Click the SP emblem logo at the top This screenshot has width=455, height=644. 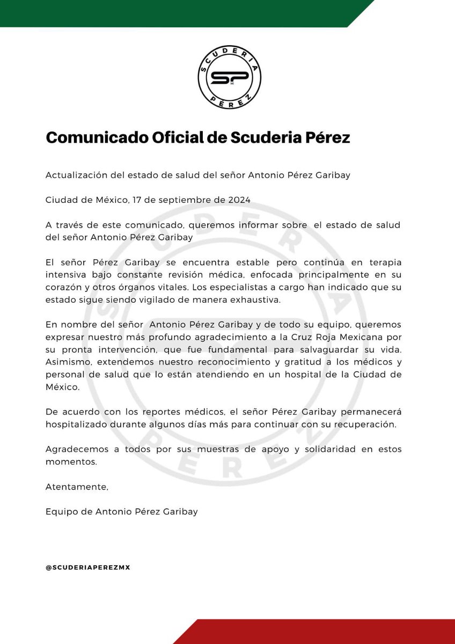point(229,77)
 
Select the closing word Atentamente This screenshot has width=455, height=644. point(77,487)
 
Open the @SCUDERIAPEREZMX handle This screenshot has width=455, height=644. point(88,568)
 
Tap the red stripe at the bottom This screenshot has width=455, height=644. point(322,632)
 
